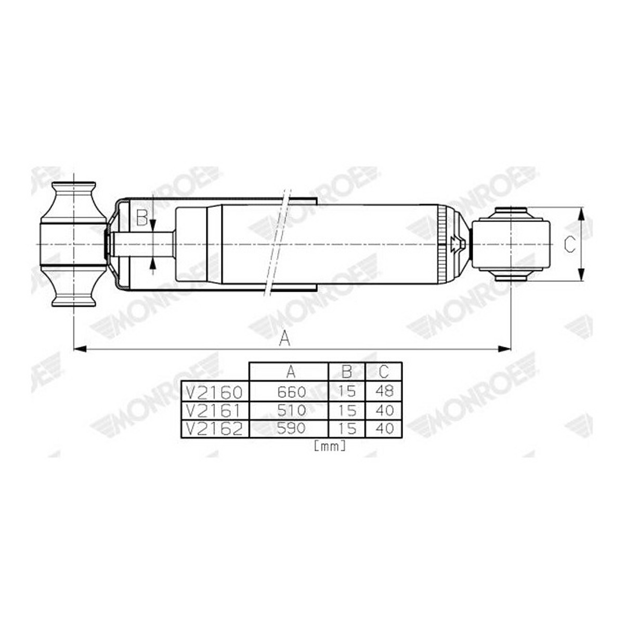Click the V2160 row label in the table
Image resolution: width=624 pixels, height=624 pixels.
point(214,392)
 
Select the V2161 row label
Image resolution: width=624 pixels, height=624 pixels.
point(214,411)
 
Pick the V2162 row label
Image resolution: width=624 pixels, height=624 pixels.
point(214,429)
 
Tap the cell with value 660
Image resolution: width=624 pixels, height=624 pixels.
point(291,392)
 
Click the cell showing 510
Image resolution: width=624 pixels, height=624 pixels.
point(291,411)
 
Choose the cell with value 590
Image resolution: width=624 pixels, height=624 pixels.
point(291,428)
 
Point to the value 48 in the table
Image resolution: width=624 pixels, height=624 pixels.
point(384,392)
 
